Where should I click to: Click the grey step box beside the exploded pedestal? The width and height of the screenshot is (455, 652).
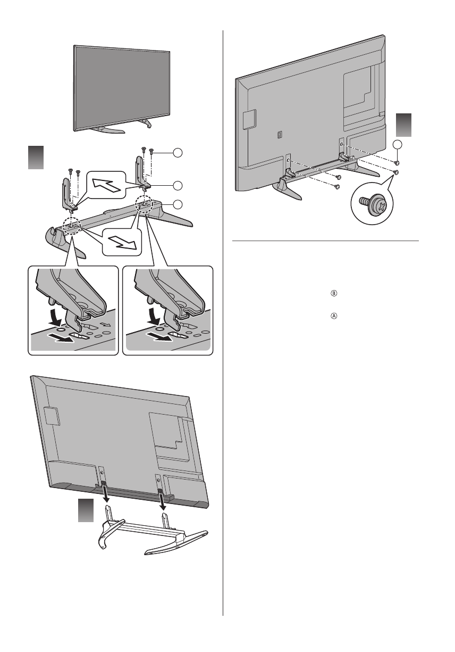(36, 158)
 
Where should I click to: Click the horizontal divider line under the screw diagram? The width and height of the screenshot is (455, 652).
(326, 240)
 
